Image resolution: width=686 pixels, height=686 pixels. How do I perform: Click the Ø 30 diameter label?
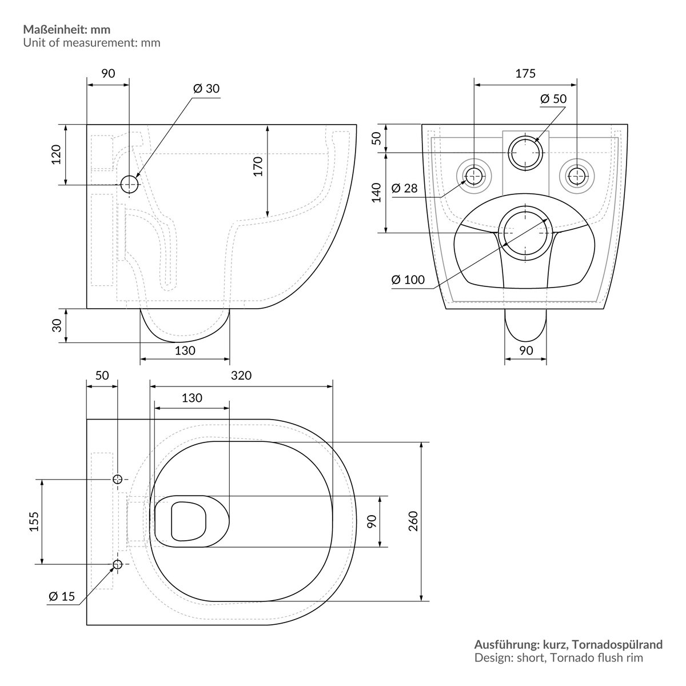(x=206, y=89)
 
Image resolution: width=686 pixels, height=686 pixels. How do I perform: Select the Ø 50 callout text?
(x=553, y=99)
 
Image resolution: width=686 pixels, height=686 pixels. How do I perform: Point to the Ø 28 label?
(x=404, y=188)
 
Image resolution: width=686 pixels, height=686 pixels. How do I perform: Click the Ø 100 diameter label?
(x=408, y=280)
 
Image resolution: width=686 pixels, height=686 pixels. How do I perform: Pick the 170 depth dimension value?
(x=258, y=166)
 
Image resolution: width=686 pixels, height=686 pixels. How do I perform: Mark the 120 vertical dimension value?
(x=56, y=154)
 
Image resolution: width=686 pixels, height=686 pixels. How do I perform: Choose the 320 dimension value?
(x=241, y=376)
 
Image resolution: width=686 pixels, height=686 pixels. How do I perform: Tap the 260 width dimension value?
(x=413, y=521)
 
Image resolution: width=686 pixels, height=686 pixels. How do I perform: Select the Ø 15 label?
(x=62, y=597)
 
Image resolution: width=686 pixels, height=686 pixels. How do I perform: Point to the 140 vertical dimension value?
(x=376, y=193)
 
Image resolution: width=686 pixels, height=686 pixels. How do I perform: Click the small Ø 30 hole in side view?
(x=129, y=184)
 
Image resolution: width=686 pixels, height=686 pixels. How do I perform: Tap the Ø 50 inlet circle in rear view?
(x=525, y=152)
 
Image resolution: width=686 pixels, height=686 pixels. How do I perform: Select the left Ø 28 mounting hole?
(x=473, y=176)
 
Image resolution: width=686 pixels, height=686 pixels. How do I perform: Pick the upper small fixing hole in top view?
(x=117, y=479)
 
